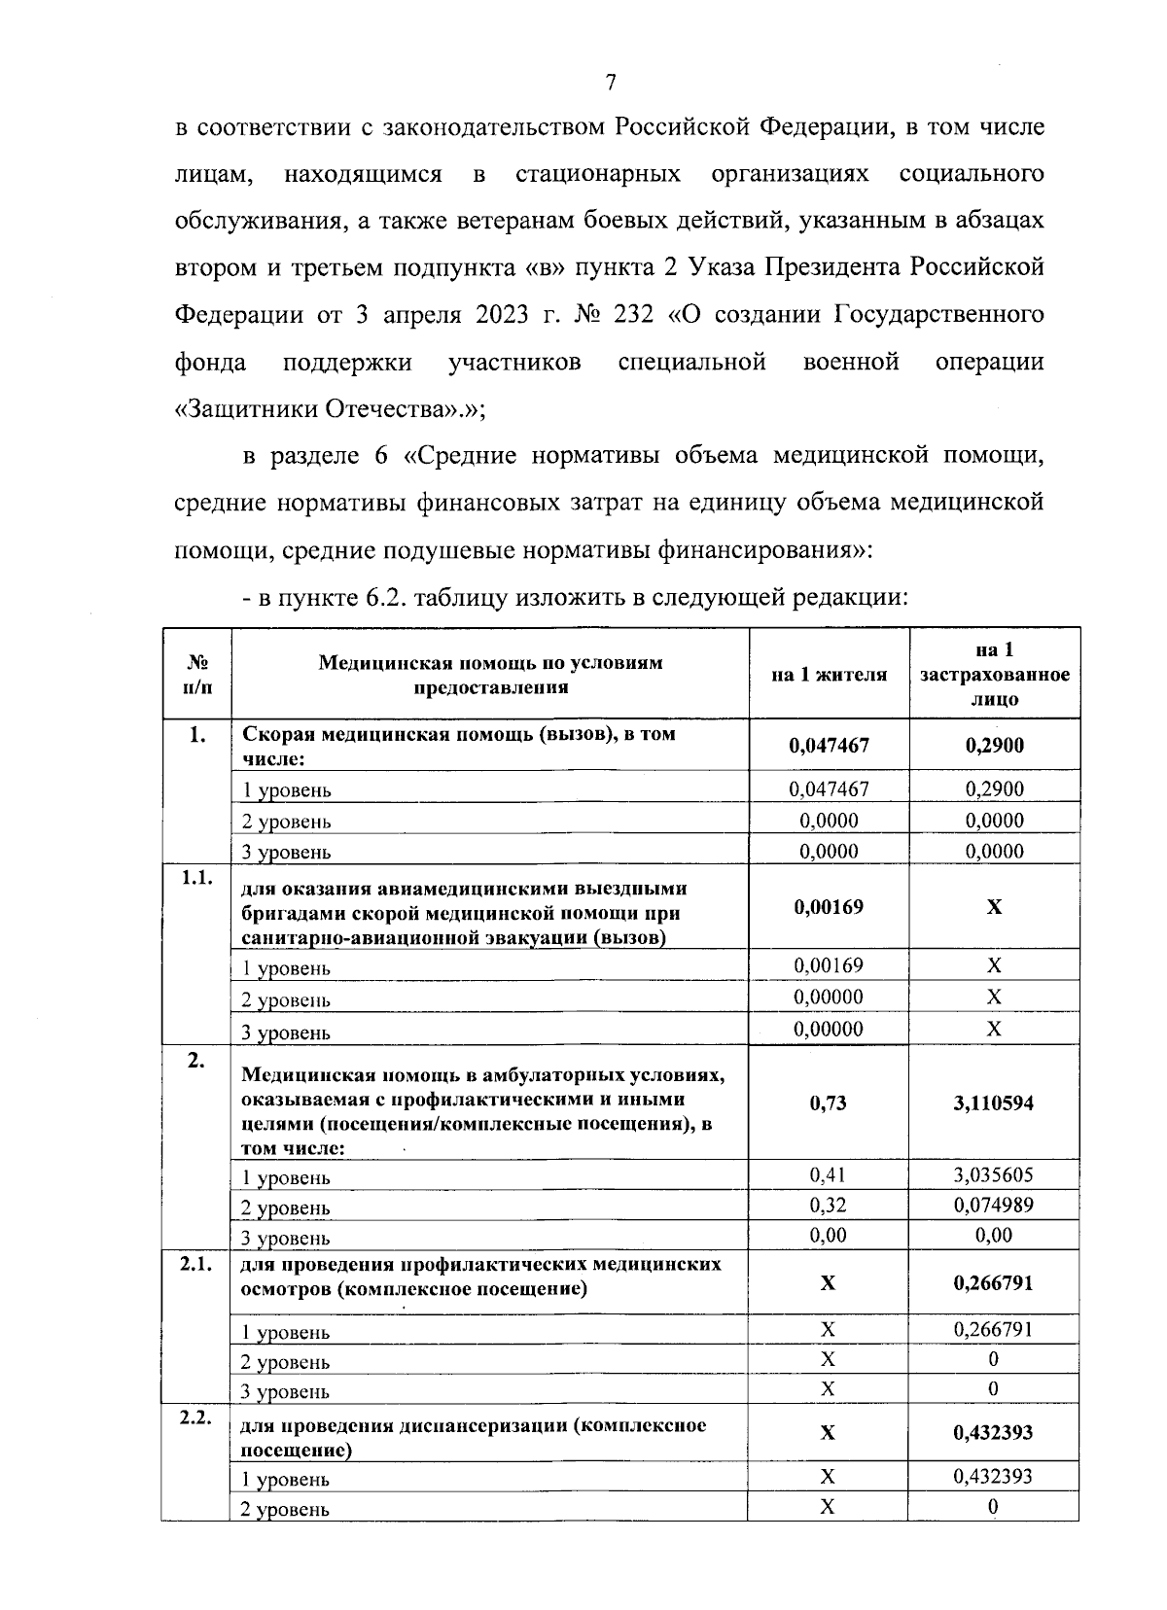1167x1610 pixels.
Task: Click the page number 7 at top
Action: (611, 83)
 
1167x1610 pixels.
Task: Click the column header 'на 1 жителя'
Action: (829, 674)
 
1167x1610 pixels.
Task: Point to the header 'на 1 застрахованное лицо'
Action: (994, 674)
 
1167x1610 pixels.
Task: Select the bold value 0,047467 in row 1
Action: (829, 746)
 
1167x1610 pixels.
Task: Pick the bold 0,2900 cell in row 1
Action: (994, 746)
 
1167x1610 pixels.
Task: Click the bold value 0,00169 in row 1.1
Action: (829, 907)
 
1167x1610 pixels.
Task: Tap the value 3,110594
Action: (994, 1102)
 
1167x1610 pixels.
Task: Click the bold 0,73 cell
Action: (829, 1102)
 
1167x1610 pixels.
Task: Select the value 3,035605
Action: (994, 1174)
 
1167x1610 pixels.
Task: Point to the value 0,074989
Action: (994, 1205)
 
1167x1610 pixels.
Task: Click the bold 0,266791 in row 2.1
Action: (994, 1283)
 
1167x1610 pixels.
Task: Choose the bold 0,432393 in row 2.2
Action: (994, 1432)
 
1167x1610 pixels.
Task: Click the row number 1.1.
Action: (196, 878)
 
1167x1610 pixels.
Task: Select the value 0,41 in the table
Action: (829, 1174)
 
